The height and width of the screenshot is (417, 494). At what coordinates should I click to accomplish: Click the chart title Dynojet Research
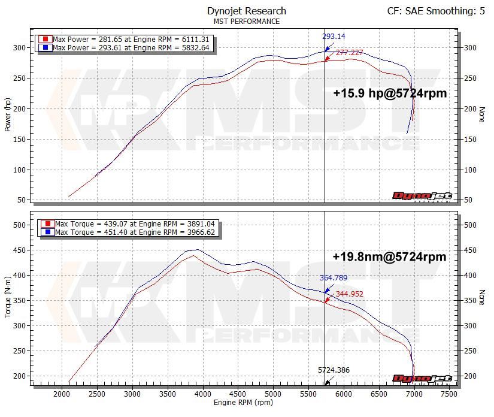click(246, 11)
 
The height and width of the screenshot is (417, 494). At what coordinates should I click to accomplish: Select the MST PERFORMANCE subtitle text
click(246, 22)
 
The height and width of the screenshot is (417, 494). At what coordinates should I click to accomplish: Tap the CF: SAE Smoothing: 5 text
click(436, 11)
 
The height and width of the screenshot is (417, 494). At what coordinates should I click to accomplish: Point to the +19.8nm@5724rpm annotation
click(389, 256)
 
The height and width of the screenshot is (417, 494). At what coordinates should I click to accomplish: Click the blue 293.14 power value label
click(334, 37)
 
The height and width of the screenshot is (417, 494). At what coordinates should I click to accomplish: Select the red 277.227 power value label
click(349, 53)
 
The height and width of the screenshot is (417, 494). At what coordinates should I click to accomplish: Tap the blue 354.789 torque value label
click(334, 278)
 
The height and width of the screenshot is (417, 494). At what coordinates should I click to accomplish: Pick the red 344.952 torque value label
click(349, 294)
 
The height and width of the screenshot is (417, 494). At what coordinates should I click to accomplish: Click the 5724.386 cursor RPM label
click(334, 370)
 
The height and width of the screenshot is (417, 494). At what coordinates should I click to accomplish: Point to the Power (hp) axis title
click(8, 115)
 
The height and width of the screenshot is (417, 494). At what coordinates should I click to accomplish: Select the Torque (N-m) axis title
click(8, 296)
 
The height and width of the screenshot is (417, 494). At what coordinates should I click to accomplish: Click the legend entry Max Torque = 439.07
click(129, 224)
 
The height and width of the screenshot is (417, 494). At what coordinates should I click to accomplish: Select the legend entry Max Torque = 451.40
click(129, 232)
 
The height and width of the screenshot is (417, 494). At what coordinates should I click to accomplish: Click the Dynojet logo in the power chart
click(422, 195)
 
